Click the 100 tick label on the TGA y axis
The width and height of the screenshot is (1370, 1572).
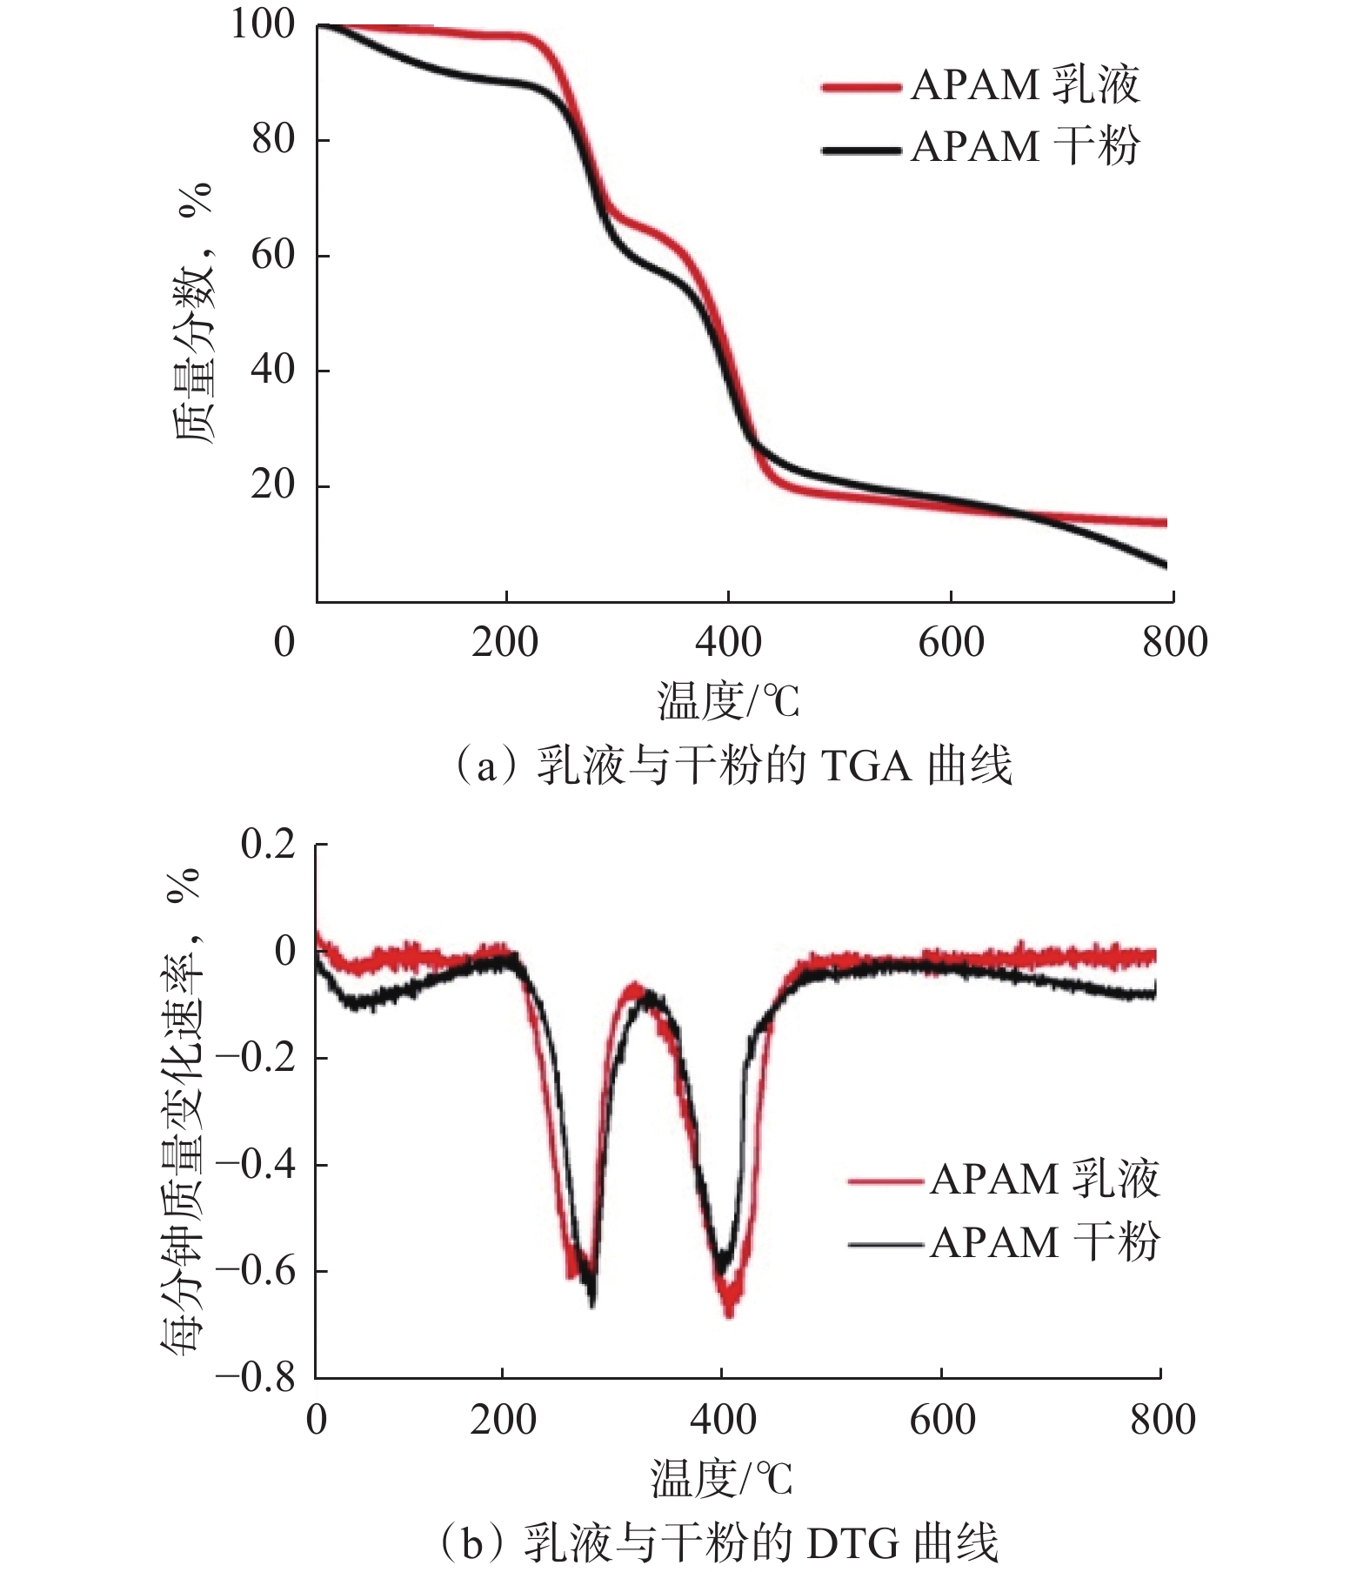point(262,24)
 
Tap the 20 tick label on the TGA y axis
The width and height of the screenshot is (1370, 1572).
point(272,485)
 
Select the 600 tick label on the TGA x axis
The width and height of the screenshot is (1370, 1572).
point(951,643)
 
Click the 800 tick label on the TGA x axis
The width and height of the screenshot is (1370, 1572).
point(1174,643)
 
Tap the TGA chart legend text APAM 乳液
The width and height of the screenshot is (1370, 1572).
point(1025,85)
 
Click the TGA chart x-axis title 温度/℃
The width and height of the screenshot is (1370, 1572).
point(728,701)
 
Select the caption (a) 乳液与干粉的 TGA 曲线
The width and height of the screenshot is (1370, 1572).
point(732,766)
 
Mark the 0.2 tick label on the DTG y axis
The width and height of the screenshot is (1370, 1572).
point(268,844)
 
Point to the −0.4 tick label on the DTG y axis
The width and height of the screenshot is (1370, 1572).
point(257,1163)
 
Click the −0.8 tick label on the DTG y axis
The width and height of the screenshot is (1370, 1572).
point(257,1376)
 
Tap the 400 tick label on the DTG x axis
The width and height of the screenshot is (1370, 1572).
point(722,1420)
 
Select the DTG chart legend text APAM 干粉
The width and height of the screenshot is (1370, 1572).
point(1044,1242)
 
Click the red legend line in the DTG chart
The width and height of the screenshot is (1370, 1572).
point(885,1181)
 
